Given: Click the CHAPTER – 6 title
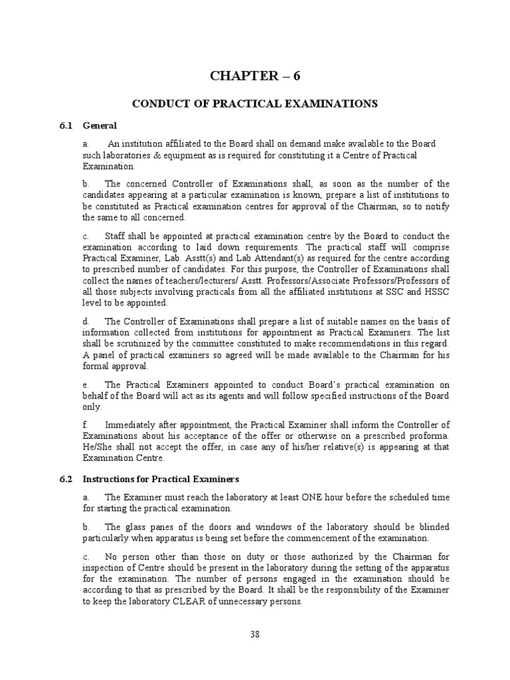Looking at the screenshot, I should (255, 76).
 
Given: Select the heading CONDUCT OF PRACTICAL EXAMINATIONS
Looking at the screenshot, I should (255, 104).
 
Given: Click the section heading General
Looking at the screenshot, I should (100, 125).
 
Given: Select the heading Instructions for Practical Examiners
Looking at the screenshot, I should (160, 479).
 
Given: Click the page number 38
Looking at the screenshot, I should (255, 634).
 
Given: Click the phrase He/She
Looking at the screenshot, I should (98, 447).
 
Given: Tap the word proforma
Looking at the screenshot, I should (429, 436).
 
